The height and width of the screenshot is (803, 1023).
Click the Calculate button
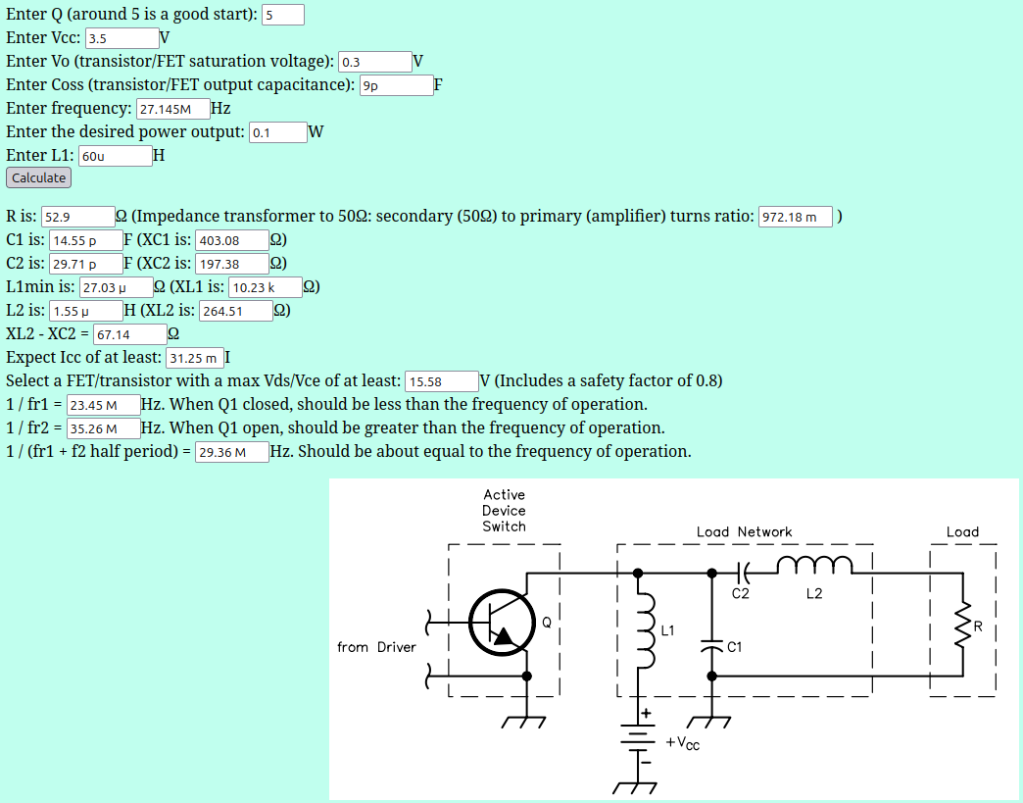[38, 177]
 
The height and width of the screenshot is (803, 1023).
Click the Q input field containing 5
[282, 15]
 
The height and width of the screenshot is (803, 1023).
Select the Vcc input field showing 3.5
[122, 38]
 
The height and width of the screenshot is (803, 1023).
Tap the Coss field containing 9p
[396, 85]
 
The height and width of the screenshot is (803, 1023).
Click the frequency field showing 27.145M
[172, 109]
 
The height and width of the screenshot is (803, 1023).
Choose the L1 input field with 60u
[115, 156]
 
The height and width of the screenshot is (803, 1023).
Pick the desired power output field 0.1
[277, 132]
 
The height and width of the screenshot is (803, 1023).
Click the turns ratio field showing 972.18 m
[795, 217]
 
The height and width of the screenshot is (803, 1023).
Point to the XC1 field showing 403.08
[232, 240]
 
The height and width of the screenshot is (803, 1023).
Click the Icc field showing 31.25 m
[195, 358]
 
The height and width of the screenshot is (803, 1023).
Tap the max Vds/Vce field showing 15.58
[440, 381]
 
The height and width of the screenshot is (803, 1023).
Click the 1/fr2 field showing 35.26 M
[103, 428]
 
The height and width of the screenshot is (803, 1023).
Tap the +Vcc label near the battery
[683, 743]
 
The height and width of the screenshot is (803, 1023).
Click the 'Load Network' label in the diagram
[744, 531]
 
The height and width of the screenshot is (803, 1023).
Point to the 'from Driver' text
[376, 647]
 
